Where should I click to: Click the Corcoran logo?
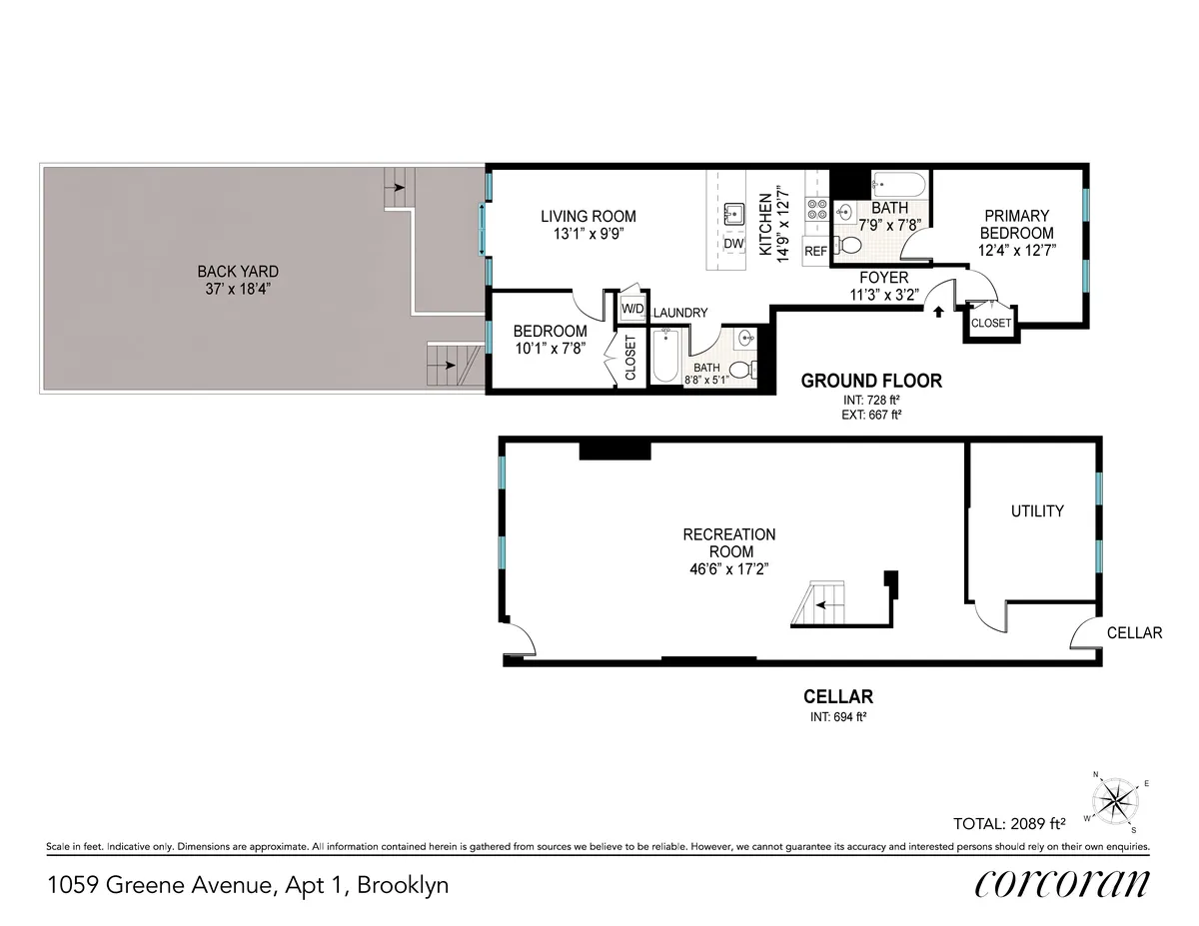click(1060, 884)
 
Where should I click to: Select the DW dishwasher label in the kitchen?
click(733, 244)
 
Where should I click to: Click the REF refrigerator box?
click(815, 251)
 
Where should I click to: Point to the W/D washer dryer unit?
click(632, 309)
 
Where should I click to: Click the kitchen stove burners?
click(815, 211)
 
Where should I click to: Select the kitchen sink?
click(733, 213)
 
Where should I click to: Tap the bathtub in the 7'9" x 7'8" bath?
click(900, 185)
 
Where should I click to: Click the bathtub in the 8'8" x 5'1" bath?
click(665, 357)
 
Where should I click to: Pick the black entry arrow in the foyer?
click(938, 311)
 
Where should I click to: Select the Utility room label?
click(1037, 510)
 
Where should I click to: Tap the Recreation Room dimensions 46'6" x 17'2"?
click(728, 568)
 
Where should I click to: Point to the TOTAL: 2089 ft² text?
click(1010, 824)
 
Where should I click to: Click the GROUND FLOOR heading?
click(871, 381)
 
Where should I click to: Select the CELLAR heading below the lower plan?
click(838, 696)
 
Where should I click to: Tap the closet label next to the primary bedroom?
click(991, 324)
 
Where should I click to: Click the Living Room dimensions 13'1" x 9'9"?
click(588, 234)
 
